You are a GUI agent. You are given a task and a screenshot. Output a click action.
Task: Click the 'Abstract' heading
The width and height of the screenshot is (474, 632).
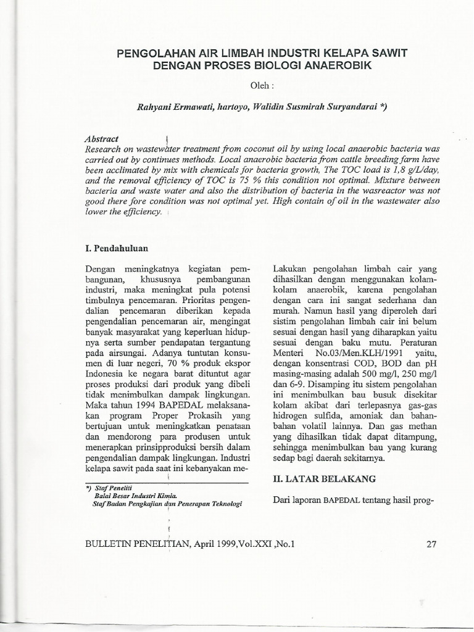coord(102,139)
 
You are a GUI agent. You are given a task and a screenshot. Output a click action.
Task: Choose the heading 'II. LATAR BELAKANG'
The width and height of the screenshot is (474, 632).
coord(324,478)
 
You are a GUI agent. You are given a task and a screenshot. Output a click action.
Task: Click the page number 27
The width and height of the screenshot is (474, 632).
coord(431,544)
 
